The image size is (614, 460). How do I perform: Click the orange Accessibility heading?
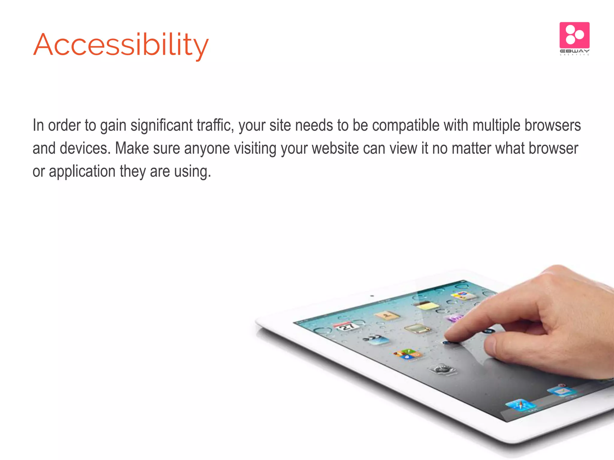pos(121,45)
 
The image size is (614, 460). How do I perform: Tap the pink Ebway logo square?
pos(574,35)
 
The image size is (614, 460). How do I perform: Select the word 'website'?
pos(335,148)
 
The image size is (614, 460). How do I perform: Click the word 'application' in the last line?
pos(82,172)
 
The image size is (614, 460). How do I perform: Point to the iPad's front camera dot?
pos(372,296)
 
